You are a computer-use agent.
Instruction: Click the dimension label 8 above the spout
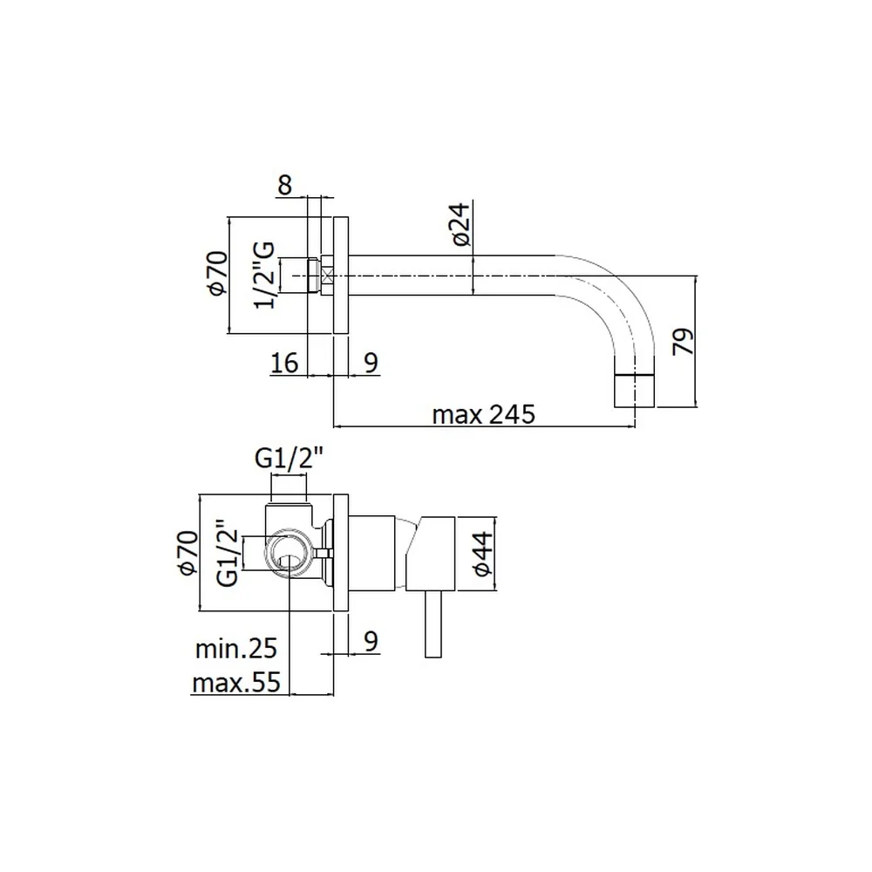(285, 185)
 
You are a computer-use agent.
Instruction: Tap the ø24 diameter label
(461, 224)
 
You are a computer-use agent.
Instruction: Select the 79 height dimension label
(684, 341)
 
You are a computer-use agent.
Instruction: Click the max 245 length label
(483, 414)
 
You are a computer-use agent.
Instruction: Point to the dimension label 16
(284, 363)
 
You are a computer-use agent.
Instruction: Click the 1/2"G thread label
(265, 275)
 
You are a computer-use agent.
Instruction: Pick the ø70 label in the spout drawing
(218, 274)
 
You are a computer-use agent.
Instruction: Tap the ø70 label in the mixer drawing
(188, 553)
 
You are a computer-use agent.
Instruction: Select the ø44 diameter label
(482, 554)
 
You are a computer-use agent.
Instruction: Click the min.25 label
(235, 649)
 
